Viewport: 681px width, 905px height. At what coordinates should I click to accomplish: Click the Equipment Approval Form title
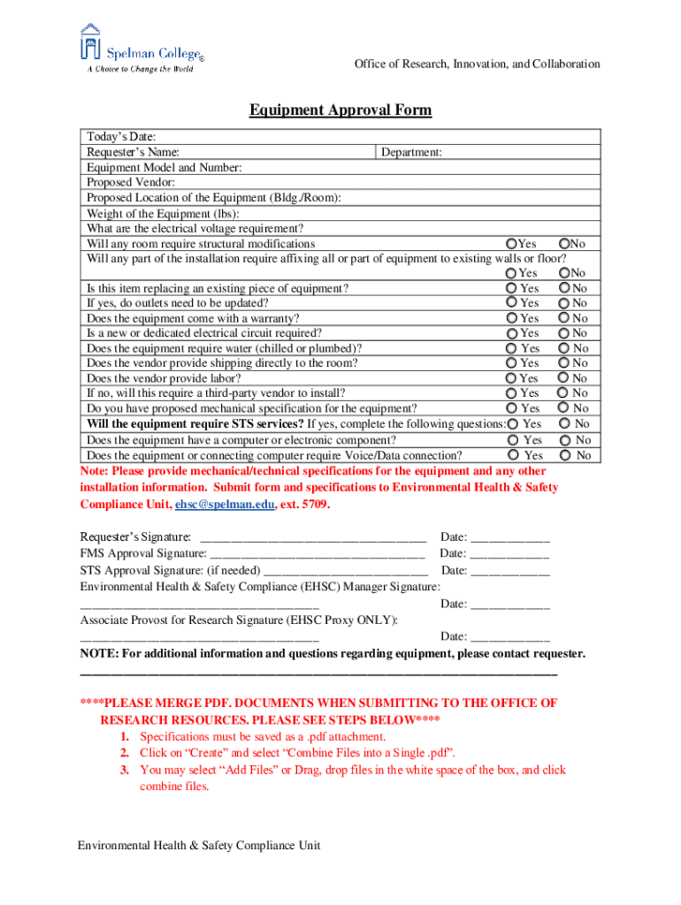coord(340,110)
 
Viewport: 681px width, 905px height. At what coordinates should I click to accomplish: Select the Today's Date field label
coord(121,137)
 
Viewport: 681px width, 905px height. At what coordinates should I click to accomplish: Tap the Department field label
coord(411,152)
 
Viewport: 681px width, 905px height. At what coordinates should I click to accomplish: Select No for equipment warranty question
coord(564,318)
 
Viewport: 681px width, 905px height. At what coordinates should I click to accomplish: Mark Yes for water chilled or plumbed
coord(511,348)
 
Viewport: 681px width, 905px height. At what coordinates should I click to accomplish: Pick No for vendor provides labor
coord(564,378)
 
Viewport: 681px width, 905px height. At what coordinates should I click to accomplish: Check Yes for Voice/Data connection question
coord(514,455)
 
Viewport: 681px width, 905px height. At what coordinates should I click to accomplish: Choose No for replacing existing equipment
coord(564,288)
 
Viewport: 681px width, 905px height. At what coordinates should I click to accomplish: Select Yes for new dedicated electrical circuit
coord(511,333)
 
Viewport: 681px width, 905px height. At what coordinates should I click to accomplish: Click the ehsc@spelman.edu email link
coord(225,504)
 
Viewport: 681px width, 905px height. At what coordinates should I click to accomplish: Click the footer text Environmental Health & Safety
coord(198,846)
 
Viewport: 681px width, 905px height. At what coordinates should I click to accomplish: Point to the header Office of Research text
coord(477,64)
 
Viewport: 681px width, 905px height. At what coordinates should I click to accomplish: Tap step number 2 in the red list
coord(126,753)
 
